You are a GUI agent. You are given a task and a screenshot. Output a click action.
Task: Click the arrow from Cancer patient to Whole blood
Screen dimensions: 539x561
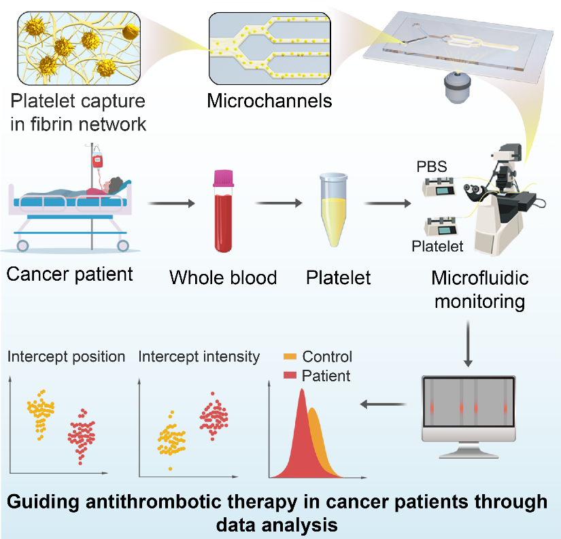pos(167,202)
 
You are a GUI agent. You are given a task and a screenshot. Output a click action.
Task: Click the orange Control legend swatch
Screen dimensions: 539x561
pos(290,357)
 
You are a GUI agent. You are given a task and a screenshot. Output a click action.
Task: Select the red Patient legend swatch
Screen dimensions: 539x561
pos(290,375)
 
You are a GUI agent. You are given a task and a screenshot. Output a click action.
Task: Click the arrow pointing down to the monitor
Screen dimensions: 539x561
pos(469,343)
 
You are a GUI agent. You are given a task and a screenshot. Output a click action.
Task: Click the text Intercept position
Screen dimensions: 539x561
pos(67,357)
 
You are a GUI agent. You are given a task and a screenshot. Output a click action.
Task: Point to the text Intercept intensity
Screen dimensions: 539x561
pos(199,357)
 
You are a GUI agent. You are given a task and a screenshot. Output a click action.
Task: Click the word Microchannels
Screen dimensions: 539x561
pos(269,102)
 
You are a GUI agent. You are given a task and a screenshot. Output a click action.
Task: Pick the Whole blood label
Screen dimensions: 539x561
pos(223,277)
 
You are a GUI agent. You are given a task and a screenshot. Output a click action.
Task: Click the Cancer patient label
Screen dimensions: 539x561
pos(69,275)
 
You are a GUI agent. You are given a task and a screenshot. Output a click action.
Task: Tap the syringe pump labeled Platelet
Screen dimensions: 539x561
pos(443,224)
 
